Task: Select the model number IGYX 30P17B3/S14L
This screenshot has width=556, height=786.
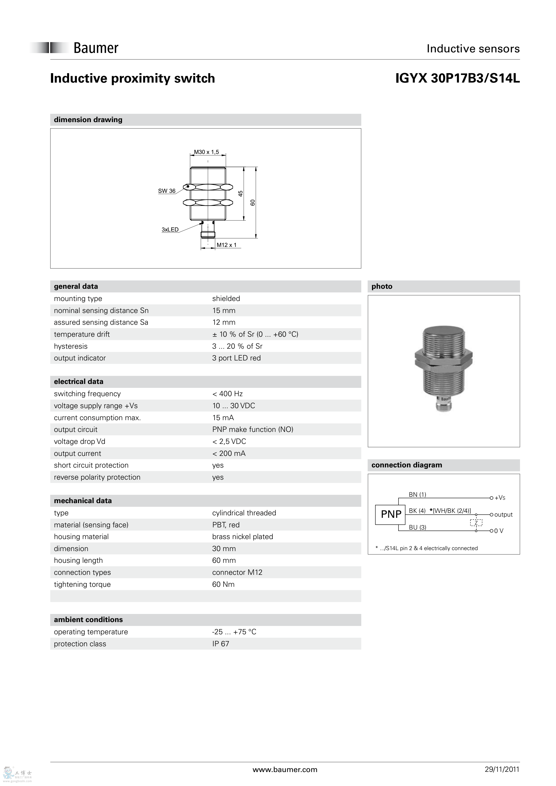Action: (x=457, y=78)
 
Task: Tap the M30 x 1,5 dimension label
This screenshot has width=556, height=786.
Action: (x=206, y=152)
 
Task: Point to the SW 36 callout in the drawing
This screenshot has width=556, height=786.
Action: (x=167, y=191)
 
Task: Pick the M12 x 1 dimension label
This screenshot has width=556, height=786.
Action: (x=227, y=245)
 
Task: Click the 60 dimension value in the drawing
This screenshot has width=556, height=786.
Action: (x=253, y=203)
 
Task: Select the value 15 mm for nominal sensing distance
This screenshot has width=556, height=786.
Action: (x=224, y=311)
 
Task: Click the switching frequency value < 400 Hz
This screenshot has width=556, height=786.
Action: (x=228, y=394)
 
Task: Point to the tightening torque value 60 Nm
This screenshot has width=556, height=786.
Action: (x=223, y=584)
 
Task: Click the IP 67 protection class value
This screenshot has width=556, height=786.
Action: (x=221, y=644)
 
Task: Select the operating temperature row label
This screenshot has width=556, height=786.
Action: (x=91, y=632)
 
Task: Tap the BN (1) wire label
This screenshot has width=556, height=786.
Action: (x=417, y=494)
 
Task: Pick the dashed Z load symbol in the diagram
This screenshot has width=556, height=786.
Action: (x=476, y=523)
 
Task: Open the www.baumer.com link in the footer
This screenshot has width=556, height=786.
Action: (x=285, y=770)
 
